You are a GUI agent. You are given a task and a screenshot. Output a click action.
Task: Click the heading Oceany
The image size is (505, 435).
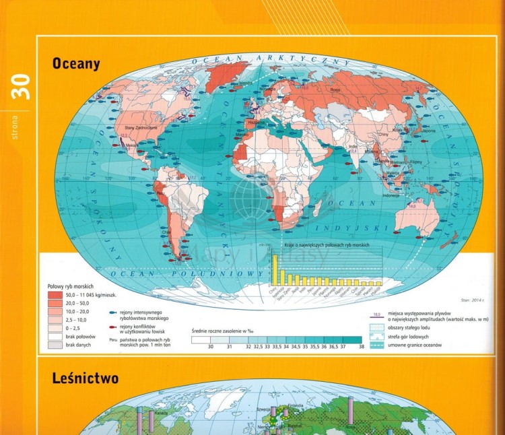[x=76, y=65]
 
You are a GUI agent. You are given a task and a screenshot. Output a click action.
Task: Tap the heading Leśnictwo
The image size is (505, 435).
[x=85, y=378]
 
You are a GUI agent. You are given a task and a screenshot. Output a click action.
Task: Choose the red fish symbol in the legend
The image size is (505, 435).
[x=114, y=325]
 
